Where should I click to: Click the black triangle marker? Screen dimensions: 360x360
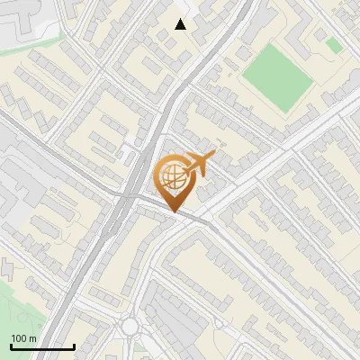(x=181, y=24)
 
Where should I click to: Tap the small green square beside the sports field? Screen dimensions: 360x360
(x=333, y=45)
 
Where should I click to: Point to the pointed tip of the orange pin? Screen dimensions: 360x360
(x=173, y=211)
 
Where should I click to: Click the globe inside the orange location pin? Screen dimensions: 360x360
(x=172, y=176)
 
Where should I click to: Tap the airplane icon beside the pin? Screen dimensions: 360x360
(x=199, y=164)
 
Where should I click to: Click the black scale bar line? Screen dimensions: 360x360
(x=42, y=347)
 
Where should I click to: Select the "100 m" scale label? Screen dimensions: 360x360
(x=24, y=338)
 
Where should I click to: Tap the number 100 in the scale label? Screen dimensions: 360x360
(x=20, y=338)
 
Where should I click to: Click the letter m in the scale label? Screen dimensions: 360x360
(x=33, y=338)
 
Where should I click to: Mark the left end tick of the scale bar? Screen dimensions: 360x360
(x=11, y=346)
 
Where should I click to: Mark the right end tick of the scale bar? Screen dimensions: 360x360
(x=74, y=346)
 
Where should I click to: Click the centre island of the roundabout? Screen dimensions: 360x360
(x=132, y=326)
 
